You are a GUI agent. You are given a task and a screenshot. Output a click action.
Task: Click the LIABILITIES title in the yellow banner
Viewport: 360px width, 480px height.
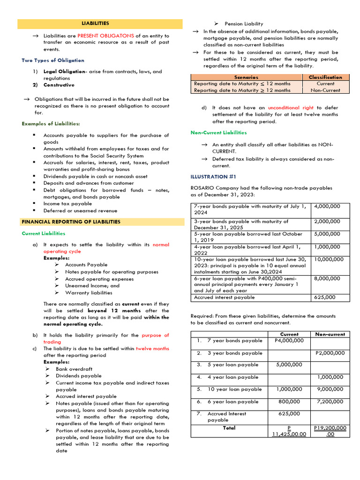[95, 23]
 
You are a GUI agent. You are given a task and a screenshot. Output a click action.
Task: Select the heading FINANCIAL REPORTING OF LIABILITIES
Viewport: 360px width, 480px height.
[71, 222]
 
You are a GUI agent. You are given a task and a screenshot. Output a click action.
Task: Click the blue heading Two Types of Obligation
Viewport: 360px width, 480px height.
[53, 60]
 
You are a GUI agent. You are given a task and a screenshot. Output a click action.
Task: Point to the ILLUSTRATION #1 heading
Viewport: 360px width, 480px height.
[213, 177]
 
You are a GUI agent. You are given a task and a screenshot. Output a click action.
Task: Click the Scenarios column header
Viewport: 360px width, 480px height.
[246, 77]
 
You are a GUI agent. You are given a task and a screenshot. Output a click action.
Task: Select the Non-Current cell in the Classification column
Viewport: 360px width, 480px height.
[325, 90]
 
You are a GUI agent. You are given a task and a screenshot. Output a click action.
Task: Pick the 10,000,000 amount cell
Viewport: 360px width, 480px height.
[329, 259]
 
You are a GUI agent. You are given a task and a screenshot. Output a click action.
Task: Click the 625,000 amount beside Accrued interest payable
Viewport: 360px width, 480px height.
[324, 297]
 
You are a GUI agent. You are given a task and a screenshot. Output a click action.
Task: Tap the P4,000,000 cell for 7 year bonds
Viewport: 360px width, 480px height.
[289, 341]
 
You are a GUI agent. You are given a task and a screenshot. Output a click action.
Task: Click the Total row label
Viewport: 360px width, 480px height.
[229, 428]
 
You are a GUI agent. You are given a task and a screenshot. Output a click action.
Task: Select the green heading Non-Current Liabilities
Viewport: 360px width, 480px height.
[218, 133]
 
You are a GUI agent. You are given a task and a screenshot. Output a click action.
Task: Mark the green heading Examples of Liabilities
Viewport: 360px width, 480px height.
[51, 124]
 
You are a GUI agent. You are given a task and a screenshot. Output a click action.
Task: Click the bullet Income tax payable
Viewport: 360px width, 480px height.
[67, 204]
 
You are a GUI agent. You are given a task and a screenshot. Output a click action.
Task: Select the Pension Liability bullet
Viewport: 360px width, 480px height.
[244, 24]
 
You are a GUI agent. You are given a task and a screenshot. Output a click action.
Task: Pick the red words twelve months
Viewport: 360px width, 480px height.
[153, 349]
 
